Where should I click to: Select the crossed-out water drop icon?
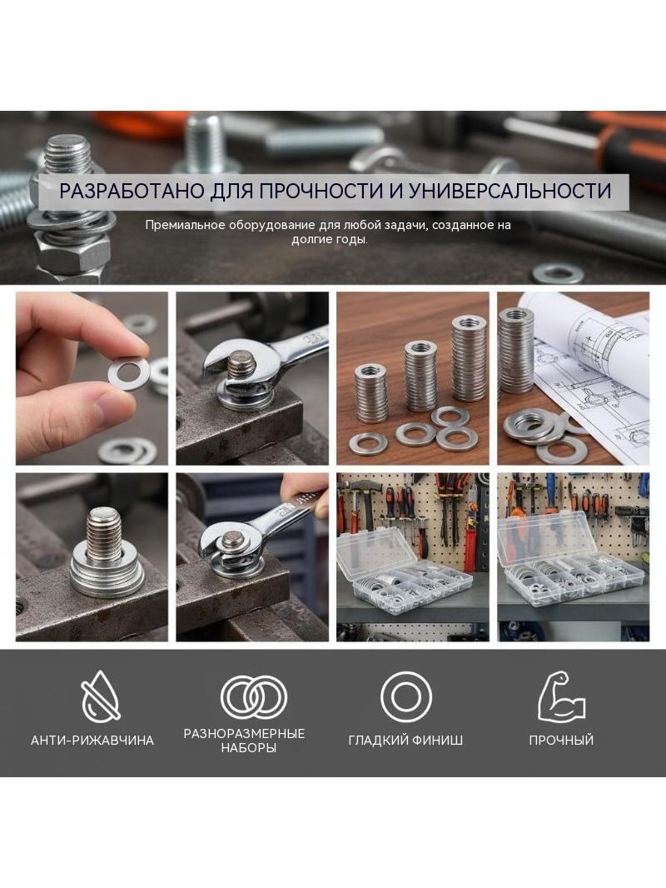tap(101, 696)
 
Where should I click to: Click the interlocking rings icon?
tap(254, 697)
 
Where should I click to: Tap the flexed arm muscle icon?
tap(561, 696)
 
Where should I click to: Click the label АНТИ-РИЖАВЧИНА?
tap(92, 741)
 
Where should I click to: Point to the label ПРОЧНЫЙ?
tap(561, 741)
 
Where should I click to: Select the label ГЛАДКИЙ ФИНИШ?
tap(405, 741)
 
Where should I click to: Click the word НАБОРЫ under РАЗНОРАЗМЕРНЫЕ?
tap(248, 748)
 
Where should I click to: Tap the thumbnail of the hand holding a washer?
tap(92, 378)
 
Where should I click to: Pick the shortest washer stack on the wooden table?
tap(370, 393)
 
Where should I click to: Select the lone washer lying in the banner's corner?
tap(558, 273)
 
